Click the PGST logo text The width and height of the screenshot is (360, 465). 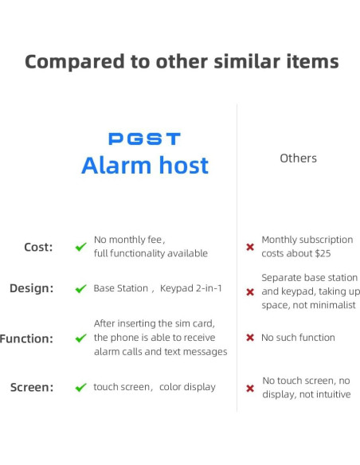pyautogui.click(x=144, y=139)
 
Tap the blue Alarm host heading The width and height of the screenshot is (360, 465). pyautogui.click(x=144, y=166)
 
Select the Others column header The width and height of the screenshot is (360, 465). pyautogui.click(x=298, y=158)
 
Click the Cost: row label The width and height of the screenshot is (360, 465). pyautogui.click(x=38, y=247)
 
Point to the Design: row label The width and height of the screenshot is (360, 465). pyautogui.click(x=31, y=288)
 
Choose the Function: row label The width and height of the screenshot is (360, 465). pyautogui.click(x=25, y=338)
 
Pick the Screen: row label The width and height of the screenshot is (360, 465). pyautogui.click(x=32, y=388)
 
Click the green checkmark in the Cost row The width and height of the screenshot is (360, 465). pyautogui.click(x=80, y=247)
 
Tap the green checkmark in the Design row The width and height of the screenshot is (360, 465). pyautogui.click(x=80, y=289)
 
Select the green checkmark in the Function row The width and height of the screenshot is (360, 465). pyautogui.click(x=80, y=338)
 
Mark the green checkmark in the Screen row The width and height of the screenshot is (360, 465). pyautogui.click(x=80, y=388)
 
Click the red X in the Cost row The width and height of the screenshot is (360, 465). pyautogui.click(x=250, y=247)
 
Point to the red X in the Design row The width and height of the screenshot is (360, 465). pyautogui.click(x=250, y=292)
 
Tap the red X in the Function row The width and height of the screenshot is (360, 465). pyautogui.click(x=250, y=338)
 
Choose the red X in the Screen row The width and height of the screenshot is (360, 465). pyautogui.click(x=250, y=389)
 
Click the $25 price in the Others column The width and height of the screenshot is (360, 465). pyautogui.click(x=320, y=253)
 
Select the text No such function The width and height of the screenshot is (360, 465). pyautogui.click(x=298, y=338)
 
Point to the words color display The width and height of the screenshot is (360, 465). pyautogui.click(x=187, y=387)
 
